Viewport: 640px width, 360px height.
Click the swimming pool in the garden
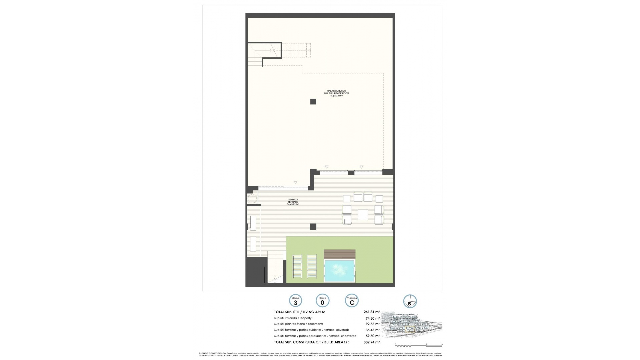pos(339,271)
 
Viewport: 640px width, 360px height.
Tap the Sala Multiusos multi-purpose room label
pos(336,93)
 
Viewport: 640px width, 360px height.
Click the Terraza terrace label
pos(293,202)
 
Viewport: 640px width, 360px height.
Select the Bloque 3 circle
pos(296,301)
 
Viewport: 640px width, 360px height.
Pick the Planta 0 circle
pos(322,301)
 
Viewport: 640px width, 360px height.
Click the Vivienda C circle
pos(352,301)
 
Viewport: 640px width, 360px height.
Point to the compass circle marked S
pos(410,301)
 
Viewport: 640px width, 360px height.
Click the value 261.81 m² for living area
pos(372,312)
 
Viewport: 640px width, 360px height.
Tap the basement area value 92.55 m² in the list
pos(373,324)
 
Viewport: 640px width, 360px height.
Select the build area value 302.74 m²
pos(372,342)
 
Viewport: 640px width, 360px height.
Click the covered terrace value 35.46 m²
pos(373,330)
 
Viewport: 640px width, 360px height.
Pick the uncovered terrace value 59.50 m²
pos(373,336)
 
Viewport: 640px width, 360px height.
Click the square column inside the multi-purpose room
pos(313,102)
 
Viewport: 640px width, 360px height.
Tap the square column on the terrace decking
pos(313,227)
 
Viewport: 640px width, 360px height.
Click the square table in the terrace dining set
pos(363,215)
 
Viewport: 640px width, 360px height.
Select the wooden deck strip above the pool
pos(339,254)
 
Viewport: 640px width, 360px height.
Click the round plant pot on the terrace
pos(252,199)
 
